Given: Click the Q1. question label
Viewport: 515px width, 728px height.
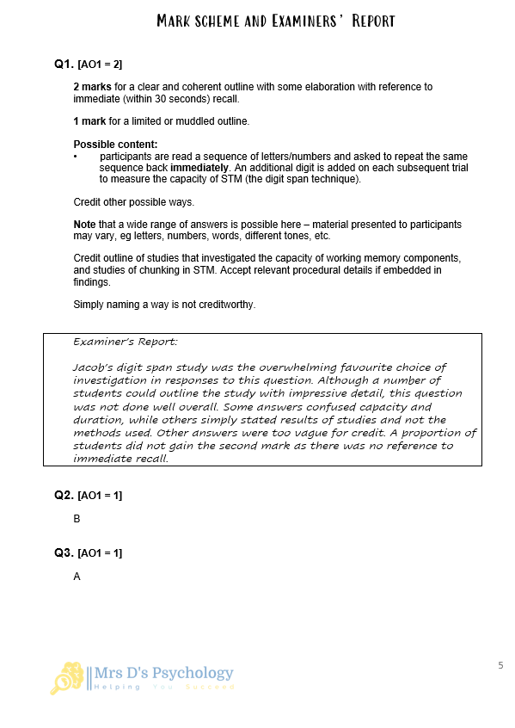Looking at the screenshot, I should (x=64, y=64).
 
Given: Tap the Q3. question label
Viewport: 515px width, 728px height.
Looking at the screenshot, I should (x=64, y=552).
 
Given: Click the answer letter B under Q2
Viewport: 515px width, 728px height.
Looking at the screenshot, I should (x=77, y=519).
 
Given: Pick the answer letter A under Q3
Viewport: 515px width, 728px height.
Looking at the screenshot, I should (x=77, y=577).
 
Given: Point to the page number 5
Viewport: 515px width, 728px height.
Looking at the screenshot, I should (x=500, y=665).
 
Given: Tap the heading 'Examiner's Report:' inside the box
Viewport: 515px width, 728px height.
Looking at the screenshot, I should (x=126, y=342).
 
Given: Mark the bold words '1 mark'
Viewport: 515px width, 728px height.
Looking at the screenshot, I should (x=90, y=120).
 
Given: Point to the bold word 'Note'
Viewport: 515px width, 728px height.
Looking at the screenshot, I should (x=85, y=225).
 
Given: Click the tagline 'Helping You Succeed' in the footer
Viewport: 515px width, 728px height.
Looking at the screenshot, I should (x=162, y=688).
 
